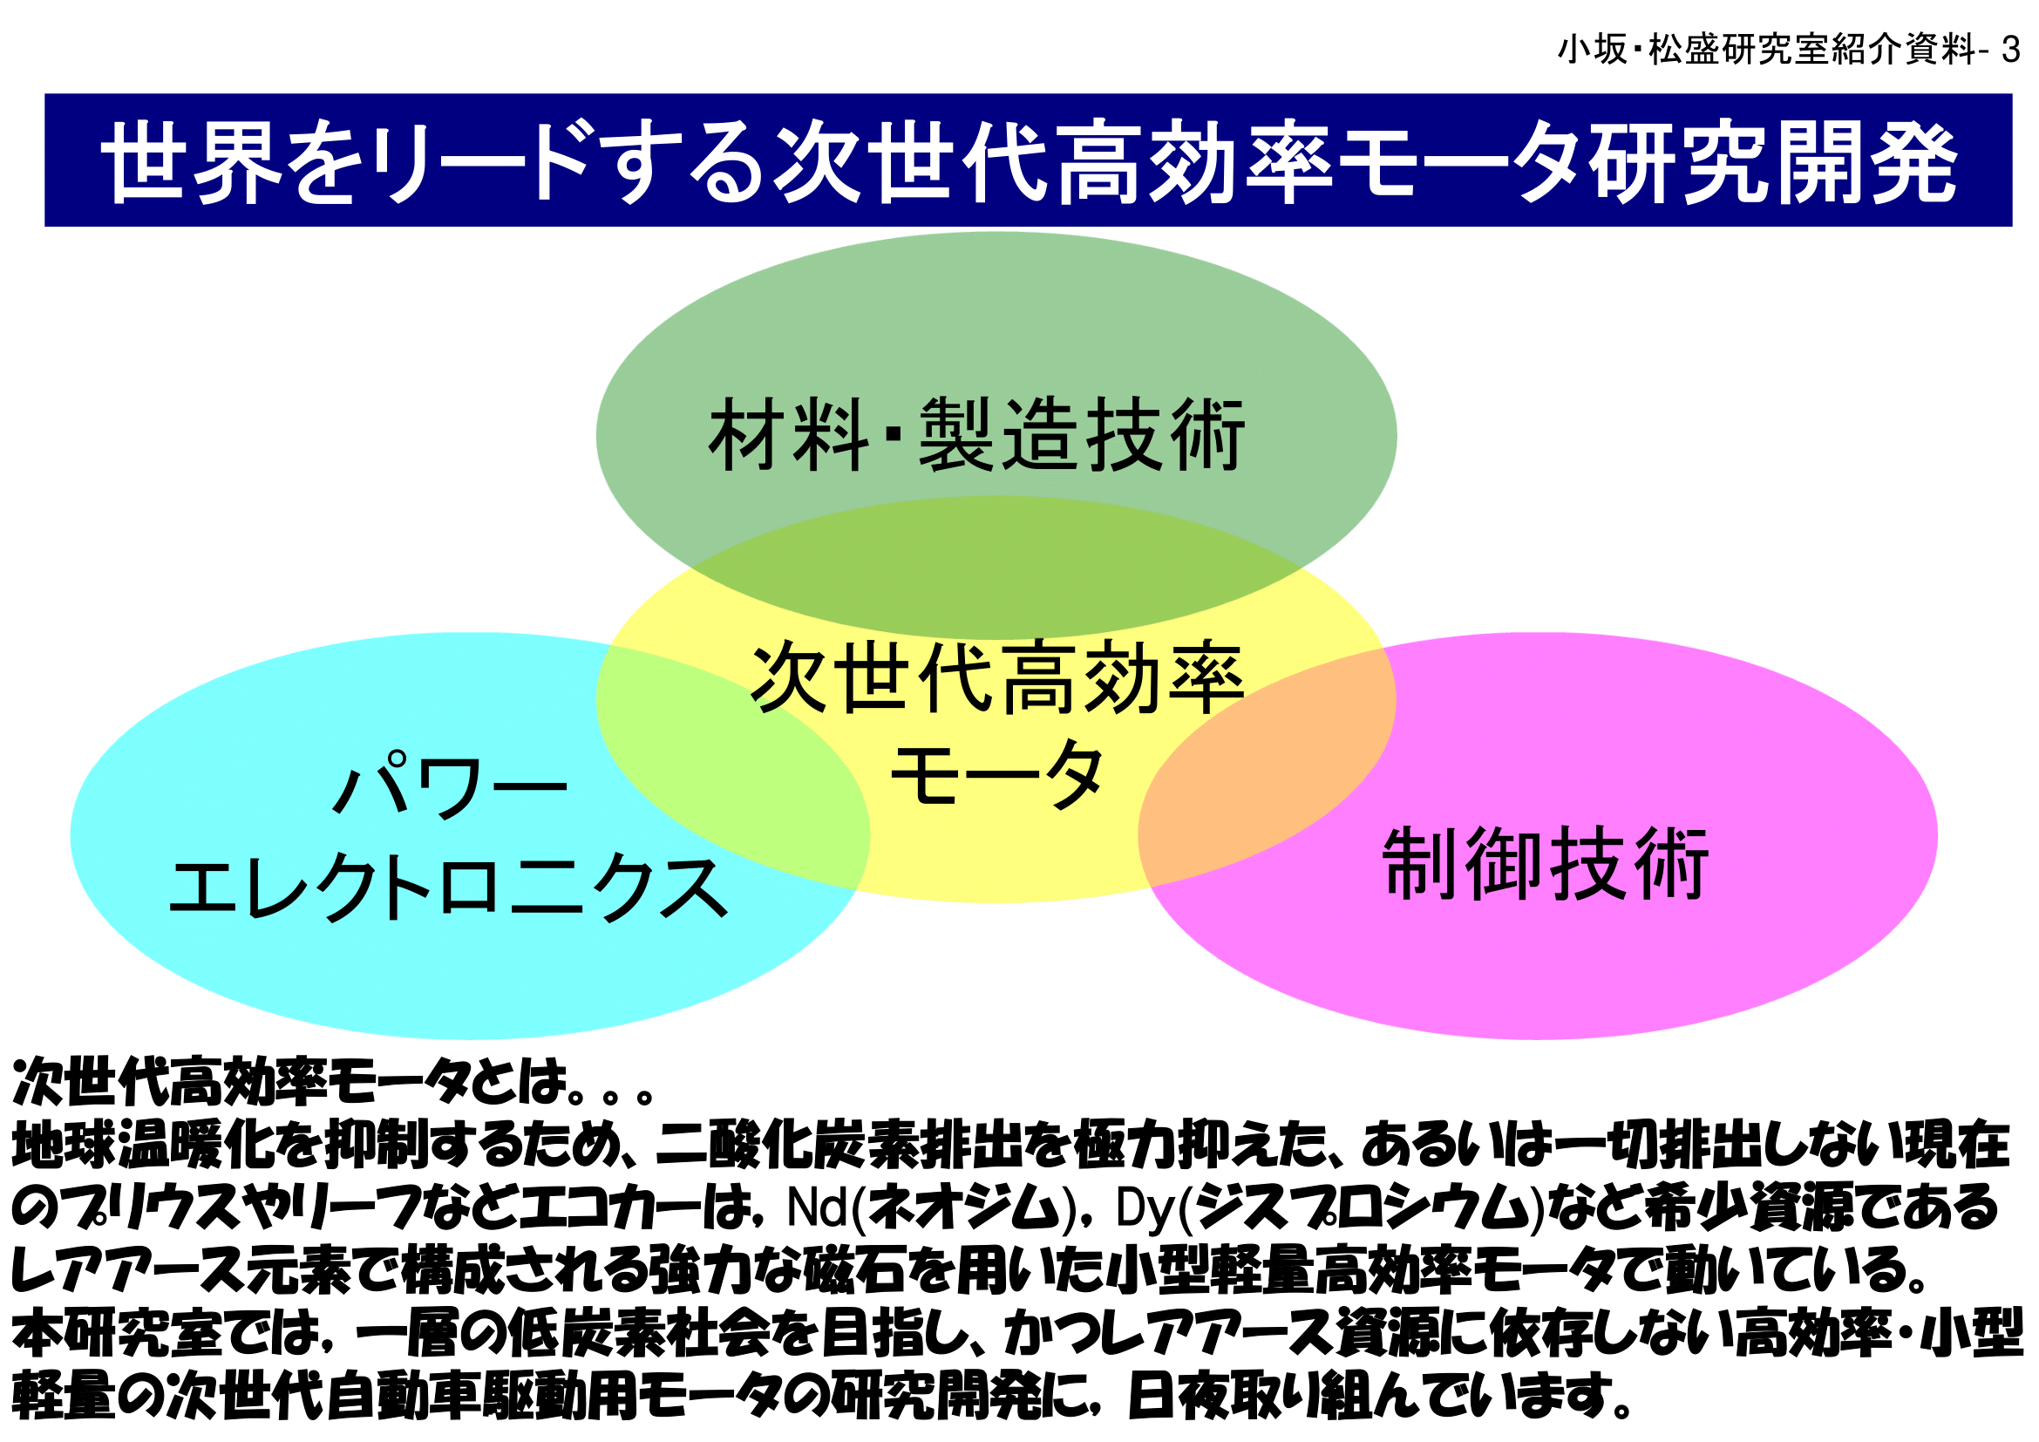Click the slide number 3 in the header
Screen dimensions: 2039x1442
click(2010, 50)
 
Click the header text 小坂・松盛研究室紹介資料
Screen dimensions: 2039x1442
click(1766, 50)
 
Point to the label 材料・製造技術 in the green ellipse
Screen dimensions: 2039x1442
click(977, 435)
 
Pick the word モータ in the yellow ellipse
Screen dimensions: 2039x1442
click(996, 775)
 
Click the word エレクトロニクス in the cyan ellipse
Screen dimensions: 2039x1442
click(448, 888)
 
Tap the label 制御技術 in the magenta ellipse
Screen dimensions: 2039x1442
click(1546, 864)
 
